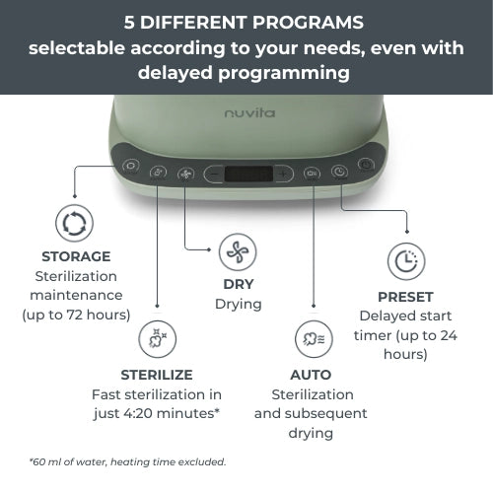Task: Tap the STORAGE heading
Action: [76, 256]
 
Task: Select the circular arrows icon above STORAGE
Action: [75, 223]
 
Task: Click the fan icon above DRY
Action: [238, 252]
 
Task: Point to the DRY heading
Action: [238, 285]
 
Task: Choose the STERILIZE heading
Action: [157, 375]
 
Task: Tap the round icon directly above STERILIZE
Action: [157, 339]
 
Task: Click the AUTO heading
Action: [311, 375]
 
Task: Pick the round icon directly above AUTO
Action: [312, 340]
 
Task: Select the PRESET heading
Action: [405, 296]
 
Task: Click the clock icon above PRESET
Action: [405, 261]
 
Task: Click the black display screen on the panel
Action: [247, 174]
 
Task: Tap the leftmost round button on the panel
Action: [130, 166]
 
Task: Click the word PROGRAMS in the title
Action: [305, 21]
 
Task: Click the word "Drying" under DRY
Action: [238, 305]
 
